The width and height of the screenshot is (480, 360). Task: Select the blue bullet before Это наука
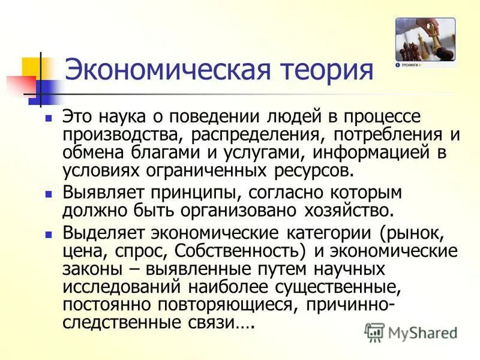(50, 118)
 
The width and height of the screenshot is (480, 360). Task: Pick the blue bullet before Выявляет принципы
(50, 195)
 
